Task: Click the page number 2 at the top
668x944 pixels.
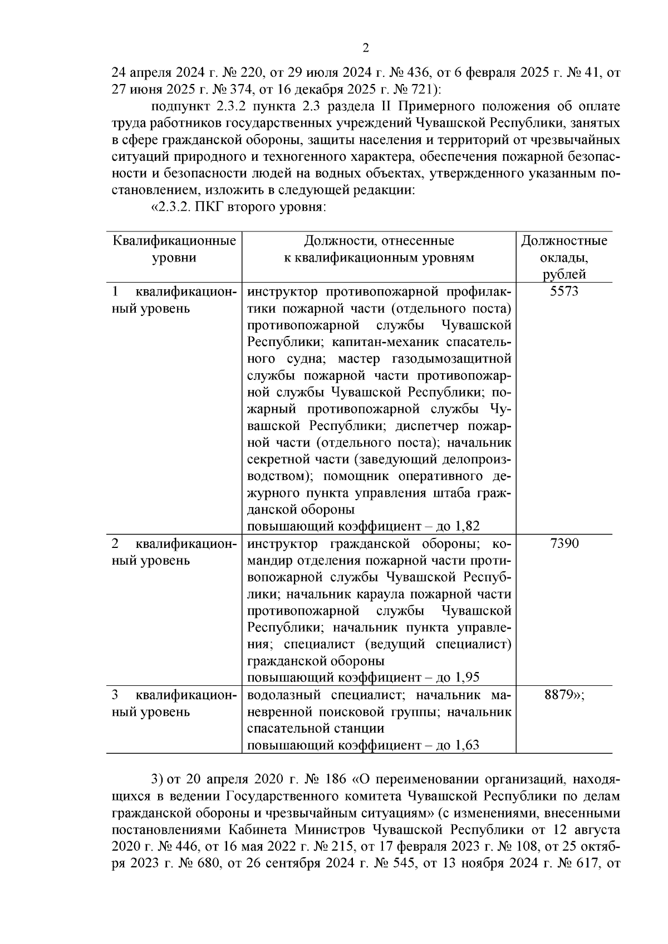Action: [x=366, y=48]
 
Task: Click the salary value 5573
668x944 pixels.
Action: [x=564, y=291]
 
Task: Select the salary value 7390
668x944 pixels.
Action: [x=564, y=543]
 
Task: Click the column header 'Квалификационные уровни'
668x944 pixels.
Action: [x=174, y=249]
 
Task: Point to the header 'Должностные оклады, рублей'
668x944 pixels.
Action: [x=564, y=257]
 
